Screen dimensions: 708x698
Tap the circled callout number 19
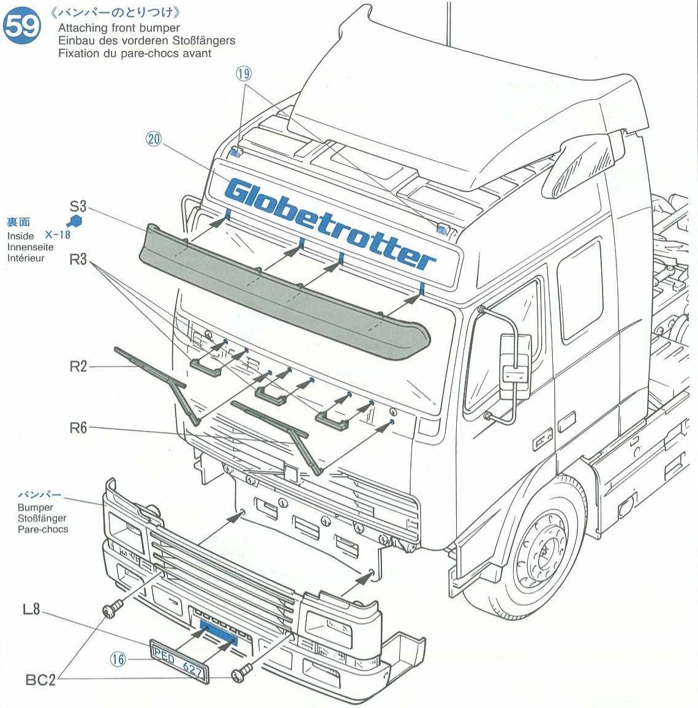pyautogui.click(x=244, y=74)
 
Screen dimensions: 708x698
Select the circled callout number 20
pyautogui.click(x=153, y=139)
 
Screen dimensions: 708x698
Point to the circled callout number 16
pyautogui.click(x=118, y=658)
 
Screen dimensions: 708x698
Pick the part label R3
pyautogui.click(x=78, y=259)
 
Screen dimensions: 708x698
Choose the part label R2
pyautogui.click(x=78, y=367)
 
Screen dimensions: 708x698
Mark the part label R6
pyautogui.click(x=78, y=428)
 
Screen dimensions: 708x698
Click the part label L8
pyautogui.click(x=31, y=609)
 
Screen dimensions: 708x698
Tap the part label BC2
pyautogui.click(x=41, y=679)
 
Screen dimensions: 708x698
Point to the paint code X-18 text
pyautogui.click(x=58, y=235)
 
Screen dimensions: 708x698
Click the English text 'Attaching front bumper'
pyautogui.click(x=119, y=28)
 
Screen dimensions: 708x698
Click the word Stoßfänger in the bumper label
pyautogui.click(x=42, y=518)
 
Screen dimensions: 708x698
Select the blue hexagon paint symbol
pyautogui.click(x=74, y=221)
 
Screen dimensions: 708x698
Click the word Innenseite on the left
pyautogui.click(x=30, y=247)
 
